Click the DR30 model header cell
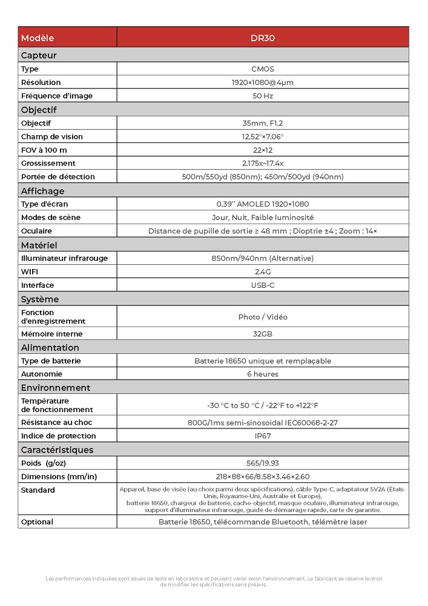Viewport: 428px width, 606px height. pos(263,38)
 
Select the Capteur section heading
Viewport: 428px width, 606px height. pos(39,56)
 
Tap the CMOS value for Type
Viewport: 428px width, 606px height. pos(263,69)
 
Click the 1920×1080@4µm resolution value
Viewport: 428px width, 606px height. pos(263,82)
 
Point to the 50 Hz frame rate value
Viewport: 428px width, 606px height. pos(263,96)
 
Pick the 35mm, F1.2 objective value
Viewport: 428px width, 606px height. pos(263,123)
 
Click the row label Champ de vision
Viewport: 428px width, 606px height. pos(52,136)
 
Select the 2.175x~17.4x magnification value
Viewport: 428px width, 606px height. pos(263,163)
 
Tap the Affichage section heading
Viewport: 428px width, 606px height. pos(42,191)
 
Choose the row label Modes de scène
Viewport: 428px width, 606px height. pos(51,218)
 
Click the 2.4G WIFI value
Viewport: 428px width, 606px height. pos(263,271)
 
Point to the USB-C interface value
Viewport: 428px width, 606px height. pos(263,285)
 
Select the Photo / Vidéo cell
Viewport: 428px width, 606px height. pos(263,317)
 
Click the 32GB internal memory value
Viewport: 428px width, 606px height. pos(263,334)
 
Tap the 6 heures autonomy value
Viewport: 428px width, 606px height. pos(263,374)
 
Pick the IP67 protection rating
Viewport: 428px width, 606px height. pos(263,436)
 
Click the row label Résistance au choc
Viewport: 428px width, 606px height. pos(57,422)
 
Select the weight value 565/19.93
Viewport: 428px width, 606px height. pos(263,463)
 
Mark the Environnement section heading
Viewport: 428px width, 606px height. pos(56,388)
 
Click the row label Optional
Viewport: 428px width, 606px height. pos(37,522)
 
